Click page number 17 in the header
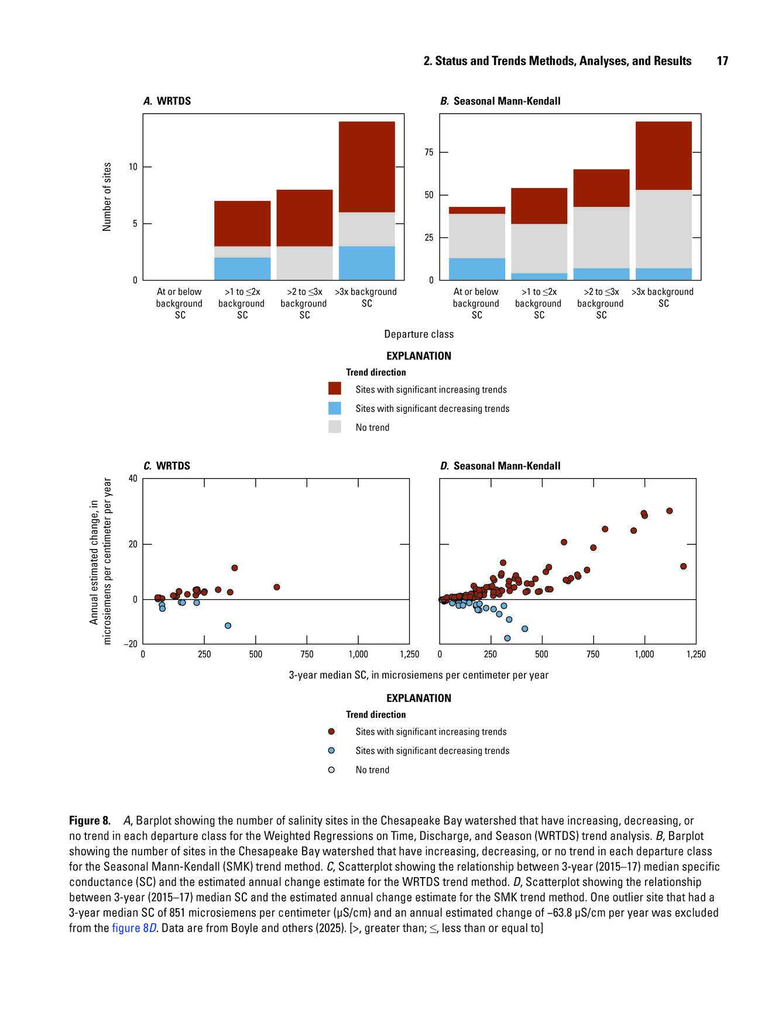pyautogui.click(x=722, y=61)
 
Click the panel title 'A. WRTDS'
pyautogui.click(x=167, y=101)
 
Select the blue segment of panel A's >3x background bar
pyautogui.click(x=366, y=263)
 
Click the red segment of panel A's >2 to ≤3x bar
pyautogui.click(x=304, y=218)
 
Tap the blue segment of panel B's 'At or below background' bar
pyautogui.click(x=476, y=269)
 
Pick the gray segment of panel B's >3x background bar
pyautogui.click(x=663, y=229)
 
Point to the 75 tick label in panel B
pyautogui.click(x=428, y=152)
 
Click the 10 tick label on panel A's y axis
pyautogui.click(x=133, y=167)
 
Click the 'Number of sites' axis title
pyautogui.click(x=107, y=197)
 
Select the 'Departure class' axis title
pyautogui.click(x=419, y=334)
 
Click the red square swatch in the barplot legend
pyautogui.click(x=334, y=388)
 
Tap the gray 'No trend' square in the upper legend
pyautogui.click(x=334, y=427)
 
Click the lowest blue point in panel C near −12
pyautogui.click(x=228, y=626)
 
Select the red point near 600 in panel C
pyautogui.click(x=277, y=587)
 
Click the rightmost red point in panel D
pyautogui.click(x=683, y=566)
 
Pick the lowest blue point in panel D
pyautogui.click(x=507, y=638)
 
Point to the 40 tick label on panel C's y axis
pyautogui.click(x=133, y=479)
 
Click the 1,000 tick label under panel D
pyautogui.click(x=644, y=654)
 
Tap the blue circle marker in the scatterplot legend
pyautogui.click(x=331, y=751)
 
